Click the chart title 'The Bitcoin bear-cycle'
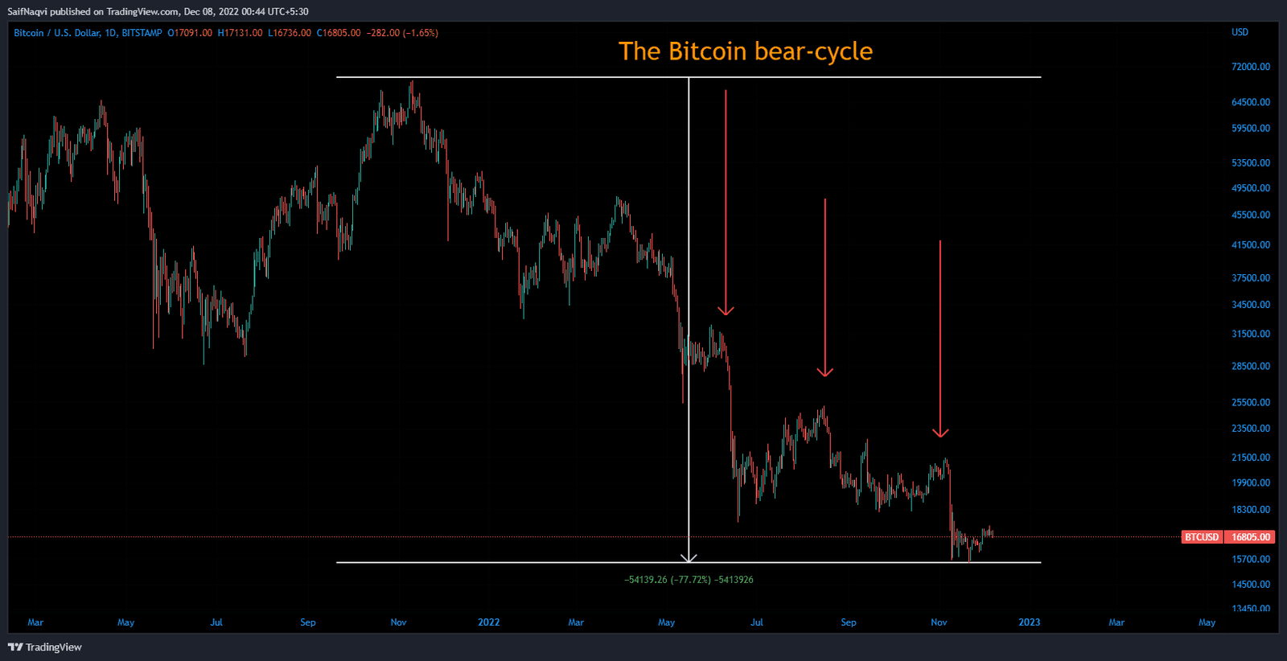point(745,51)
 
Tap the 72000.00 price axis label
point(1250,67)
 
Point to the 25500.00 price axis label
point(1250,402)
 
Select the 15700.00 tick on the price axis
point(1250,559)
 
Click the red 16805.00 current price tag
point(1251,537)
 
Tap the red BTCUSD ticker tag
point(1202,537)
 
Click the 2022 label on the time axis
point(488,622)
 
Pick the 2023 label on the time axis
point(1029,622)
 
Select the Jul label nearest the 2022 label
point(756,622)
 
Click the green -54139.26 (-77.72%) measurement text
point(667,580)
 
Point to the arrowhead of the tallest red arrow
point(726,310)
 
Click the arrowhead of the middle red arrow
point(824,372)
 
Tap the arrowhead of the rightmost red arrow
point(940,433)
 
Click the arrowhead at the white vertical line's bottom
point(689,557)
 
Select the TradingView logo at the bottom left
point(45,647)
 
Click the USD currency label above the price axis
point(1240,32)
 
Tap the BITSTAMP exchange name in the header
point(142,33)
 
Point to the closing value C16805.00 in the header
point(338,33)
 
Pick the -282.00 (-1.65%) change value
point(402,33)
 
